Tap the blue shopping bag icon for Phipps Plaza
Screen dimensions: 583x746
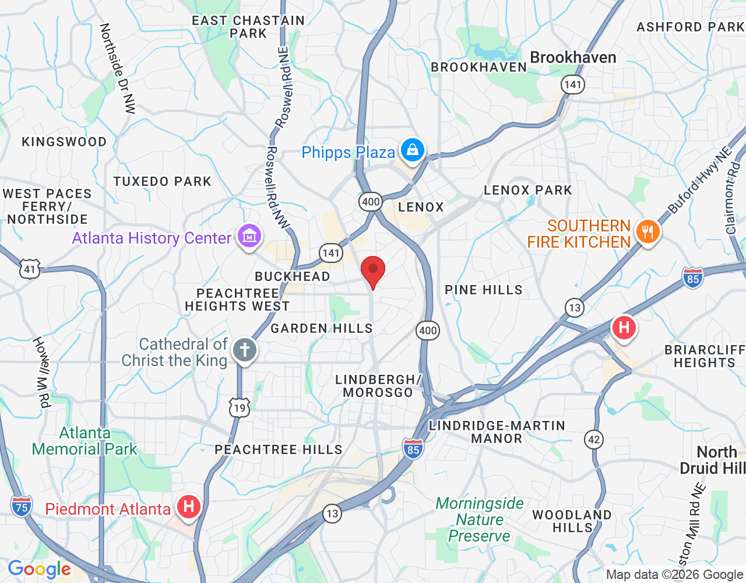(413, 150)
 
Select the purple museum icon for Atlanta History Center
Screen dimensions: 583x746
(249, 237)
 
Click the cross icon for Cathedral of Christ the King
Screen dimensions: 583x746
(245, 350)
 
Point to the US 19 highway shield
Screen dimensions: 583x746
(240, 408)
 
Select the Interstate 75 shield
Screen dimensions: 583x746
(22, 507)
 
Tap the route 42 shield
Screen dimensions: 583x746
(594, 440)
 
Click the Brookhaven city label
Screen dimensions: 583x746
(573, 58)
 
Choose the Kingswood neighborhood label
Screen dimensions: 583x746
(64, 142)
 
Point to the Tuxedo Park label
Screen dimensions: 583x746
(162, 182)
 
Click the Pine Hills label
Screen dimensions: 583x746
(483, 290)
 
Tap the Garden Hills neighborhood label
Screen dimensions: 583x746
(321, 329)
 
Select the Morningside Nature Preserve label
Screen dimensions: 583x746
(480, 519)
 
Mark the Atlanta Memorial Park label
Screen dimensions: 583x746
(85, 441)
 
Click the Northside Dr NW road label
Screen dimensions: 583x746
(117, 68)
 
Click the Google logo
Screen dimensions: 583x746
(40, 569)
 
